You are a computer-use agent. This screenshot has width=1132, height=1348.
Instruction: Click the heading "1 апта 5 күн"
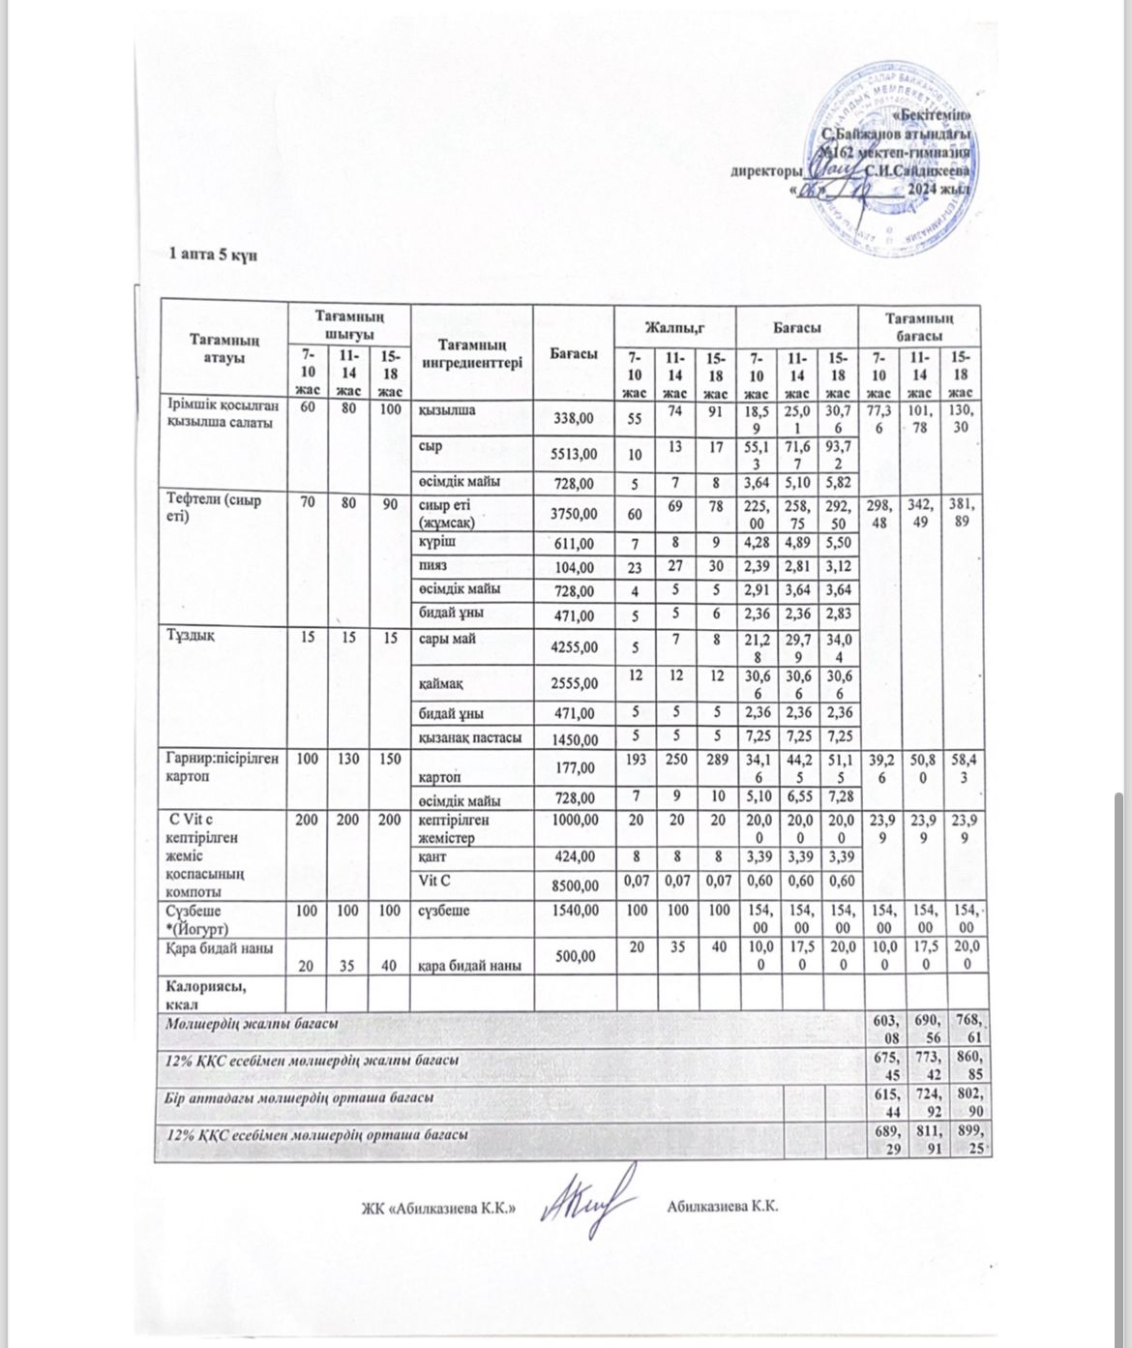click(x=212, y=255)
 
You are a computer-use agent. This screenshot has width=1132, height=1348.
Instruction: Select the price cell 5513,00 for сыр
click(x=574, y=452)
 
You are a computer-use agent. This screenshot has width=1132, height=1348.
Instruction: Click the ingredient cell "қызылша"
click(x=446, y=410)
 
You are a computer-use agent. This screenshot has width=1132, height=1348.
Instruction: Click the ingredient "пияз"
click(x=431, y=565)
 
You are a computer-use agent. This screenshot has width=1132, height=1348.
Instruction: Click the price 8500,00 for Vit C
click(x=574, y=884)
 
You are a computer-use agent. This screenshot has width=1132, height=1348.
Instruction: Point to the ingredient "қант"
click(x=432, y=856)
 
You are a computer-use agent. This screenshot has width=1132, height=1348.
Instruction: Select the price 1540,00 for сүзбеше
click(x=574, y=911)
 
